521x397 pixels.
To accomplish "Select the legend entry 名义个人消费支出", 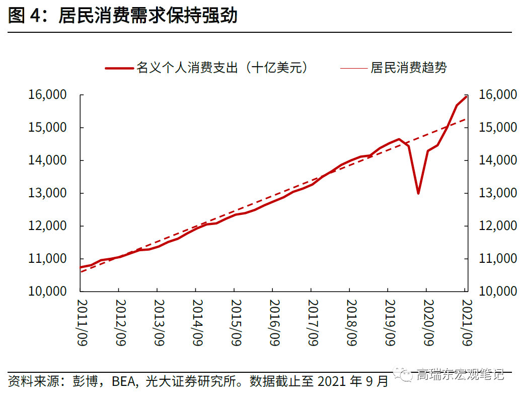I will (222, 68).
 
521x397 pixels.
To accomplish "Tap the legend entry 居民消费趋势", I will (408, 68).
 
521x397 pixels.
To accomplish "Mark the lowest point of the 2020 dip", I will (418, 193).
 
